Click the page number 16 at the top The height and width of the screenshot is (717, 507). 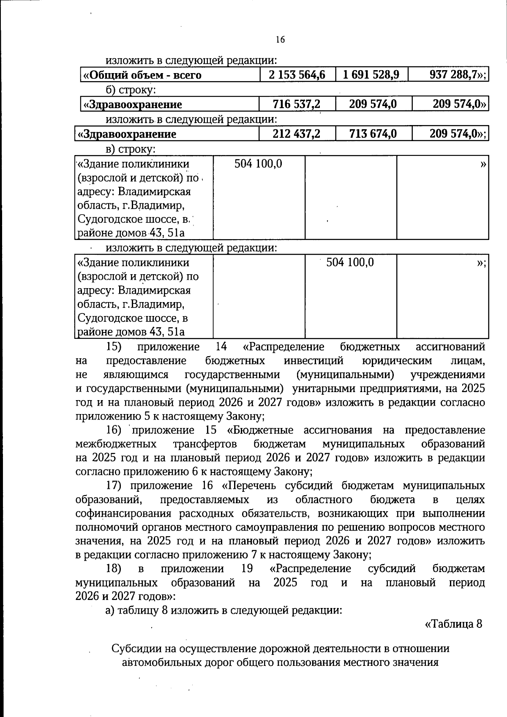pyautogui.click(x=280, y=40)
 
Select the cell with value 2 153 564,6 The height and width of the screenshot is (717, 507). pyautogui.click(x=297, y=75)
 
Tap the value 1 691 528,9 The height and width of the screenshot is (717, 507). pyautogui.click(x=371, y=75)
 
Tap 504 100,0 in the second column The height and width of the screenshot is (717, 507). pyautogui.click(x=258, y=164)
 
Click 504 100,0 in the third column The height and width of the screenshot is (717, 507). pyautogui.click(x=350, y=262)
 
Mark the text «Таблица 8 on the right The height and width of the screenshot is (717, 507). pyautogui.click(x=453, y=624)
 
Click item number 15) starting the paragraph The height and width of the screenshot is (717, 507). pyautogui.click(x=114, y=347)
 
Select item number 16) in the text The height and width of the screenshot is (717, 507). pyautogui.click(x=114, y=430)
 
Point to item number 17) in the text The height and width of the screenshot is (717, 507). pyautogui.click(x=114, y=485)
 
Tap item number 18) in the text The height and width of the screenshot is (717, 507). pyautogui.click(x=114, y=569)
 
